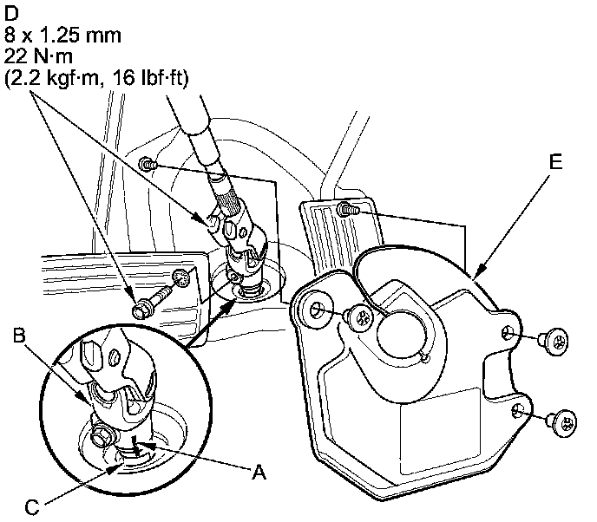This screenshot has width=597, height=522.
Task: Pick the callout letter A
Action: (257, 473)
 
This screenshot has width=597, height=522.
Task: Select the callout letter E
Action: (556, 162)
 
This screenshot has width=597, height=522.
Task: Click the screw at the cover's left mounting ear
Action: (358, 318)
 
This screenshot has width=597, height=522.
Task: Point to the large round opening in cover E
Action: (399, 325)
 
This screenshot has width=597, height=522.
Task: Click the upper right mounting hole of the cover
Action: (508, 330)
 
